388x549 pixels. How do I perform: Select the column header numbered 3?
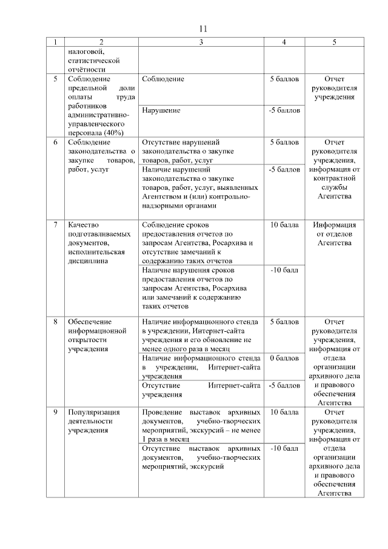pyautogui.click(x=201, y=42)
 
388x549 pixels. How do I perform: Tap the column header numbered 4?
pyautogui.click(x=284, y=42)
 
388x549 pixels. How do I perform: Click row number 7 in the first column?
pyautogui.click(x=56, y=224)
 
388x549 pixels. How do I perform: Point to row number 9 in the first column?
pyautogui.click(x=56, y=412)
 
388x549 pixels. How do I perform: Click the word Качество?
pyautogui.click(x=84, y=224)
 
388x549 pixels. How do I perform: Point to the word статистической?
pyautogui.click(x=93, y=61)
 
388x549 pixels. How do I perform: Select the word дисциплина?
pyautogui.click(x=89, y=261)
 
